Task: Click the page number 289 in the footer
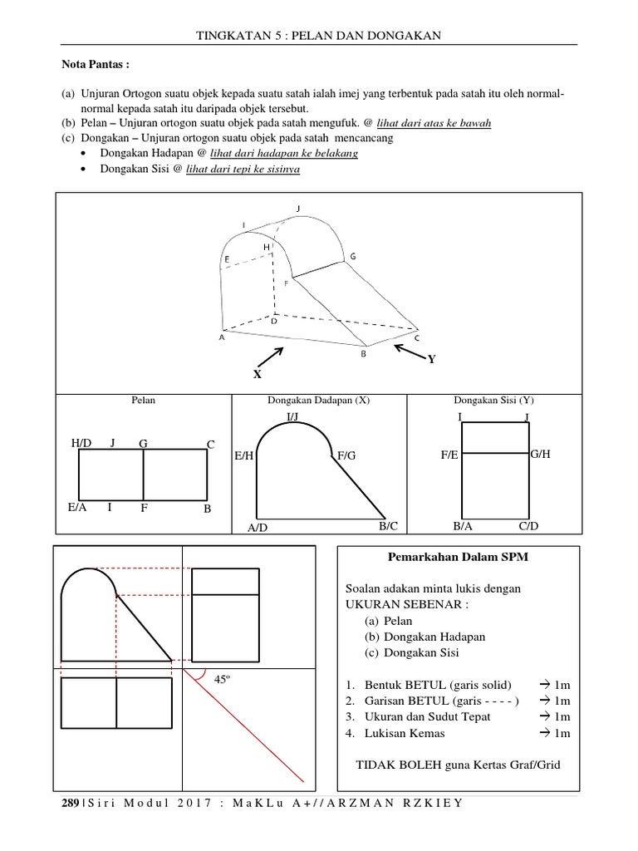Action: pyautogui.click(x=70, y=804)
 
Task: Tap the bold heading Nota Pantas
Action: pyautogui.click(x=96, y=63)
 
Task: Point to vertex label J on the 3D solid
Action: pyautogui.click(x=297, y=209)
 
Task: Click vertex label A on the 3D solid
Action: pyautogui.click(x=222, y=338)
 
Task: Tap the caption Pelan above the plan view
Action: pyautogui.click(x=144, y=401)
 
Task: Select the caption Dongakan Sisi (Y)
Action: pyautogui.click(x=493, y=401)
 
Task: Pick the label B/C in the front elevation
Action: pyautogui.click(x=389, y=526)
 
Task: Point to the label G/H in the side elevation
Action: pyautogui.click(x=541, y=454)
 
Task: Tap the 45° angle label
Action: pyautogui.click(x=222, y=680)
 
